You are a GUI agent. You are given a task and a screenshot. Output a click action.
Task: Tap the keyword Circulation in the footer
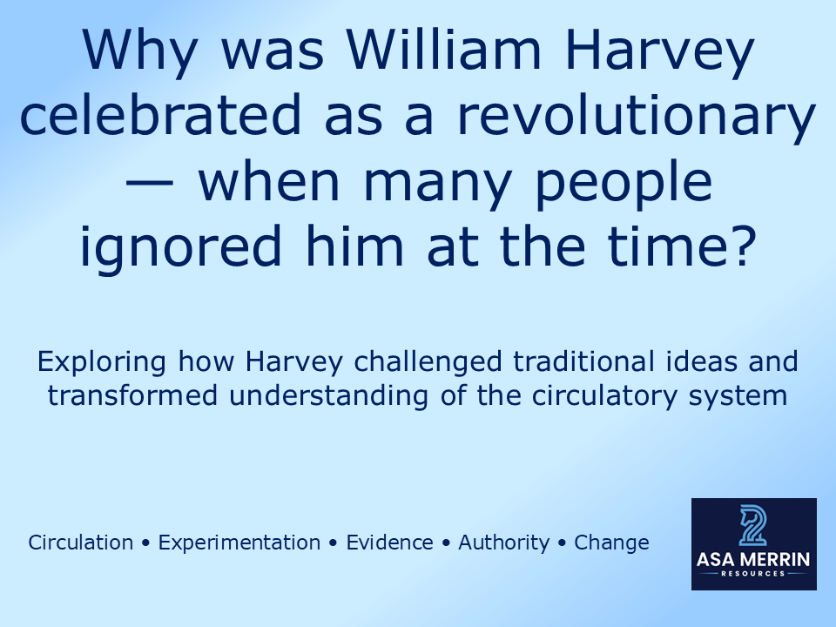(81, 543)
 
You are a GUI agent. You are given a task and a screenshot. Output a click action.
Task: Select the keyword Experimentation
(239, 543)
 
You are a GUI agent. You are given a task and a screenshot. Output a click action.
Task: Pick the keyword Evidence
(389, 543)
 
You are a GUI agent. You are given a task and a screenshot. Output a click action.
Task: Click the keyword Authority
(504, 543)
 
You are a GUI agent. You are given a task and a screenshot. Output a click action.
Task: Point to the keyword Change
(611, 543)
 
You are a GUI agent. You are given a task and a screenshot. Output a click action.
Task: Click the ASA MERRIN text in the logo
(754, 558)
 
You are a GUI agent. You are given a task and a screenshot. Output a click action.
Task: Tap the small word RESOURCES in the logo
(754, 574)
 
